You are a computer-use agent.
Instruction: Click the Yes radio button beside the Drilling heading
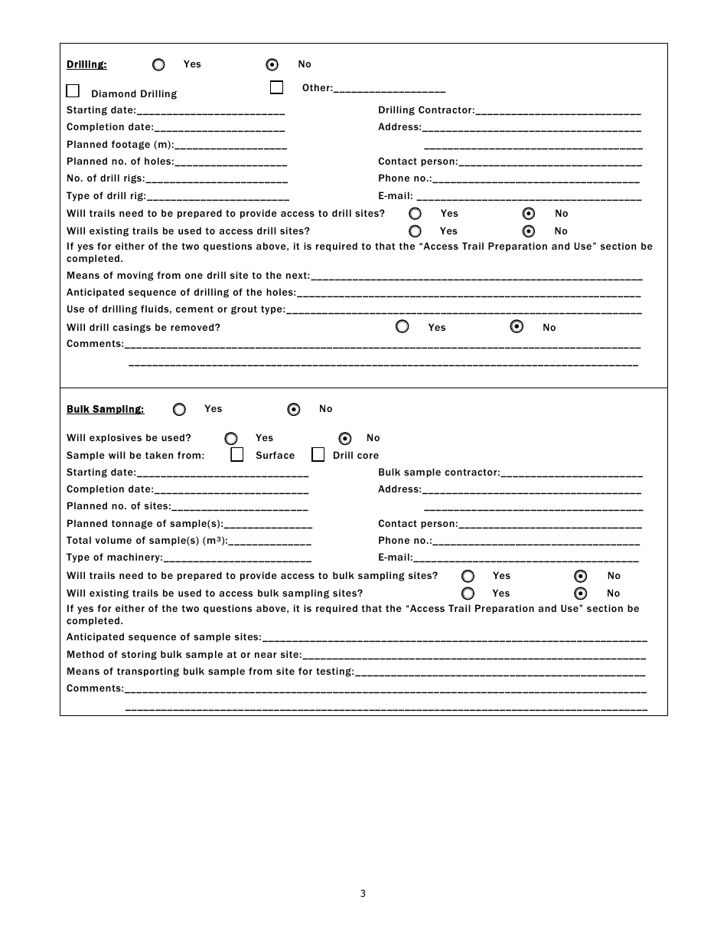pos(158,65)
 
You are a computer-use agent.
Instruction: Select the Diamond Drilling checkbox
pos(73,91)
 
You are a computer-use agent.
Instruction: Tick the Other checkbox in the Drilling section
pos(276,87)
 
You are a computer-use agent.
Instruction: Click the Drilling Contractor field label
pos(425,110)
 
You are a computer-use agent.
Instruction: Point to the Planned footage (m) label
pos(119,145)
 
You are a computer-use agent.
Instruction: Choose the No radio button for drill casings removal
pos(517,327)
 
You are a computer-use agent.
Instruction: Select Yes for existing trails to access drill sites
pos(415,231)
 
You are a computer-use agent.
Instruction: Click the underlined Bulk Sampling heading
pos(105,409)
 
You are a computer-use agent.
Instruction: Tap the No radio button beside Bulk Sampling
pos(294,410)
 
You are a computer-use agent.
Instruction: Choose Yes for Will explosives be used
pos(231,439)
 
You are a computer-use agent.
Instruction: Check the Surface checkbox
pos(237,455)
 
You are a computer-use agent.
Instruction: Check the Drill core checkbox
pos(318,455)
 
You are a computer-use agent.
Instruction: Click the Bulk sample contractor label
pos(438,473)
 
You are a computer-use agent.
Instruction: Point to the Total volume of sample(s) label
pos(146,541)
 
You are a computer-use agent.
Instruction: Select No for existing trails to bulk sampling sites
pos(581,594)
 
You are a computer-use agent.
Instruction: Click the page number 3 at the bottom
pos(363,893)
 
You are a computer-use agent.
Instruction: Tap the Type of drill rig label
pos(106,196)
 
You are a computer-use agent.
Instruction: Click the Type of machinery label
pos(114,558)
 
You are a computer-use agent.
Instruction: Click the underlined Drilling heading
pos(86,64)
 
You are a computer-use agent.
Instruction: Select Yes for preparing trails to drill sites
pos(415,214)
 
